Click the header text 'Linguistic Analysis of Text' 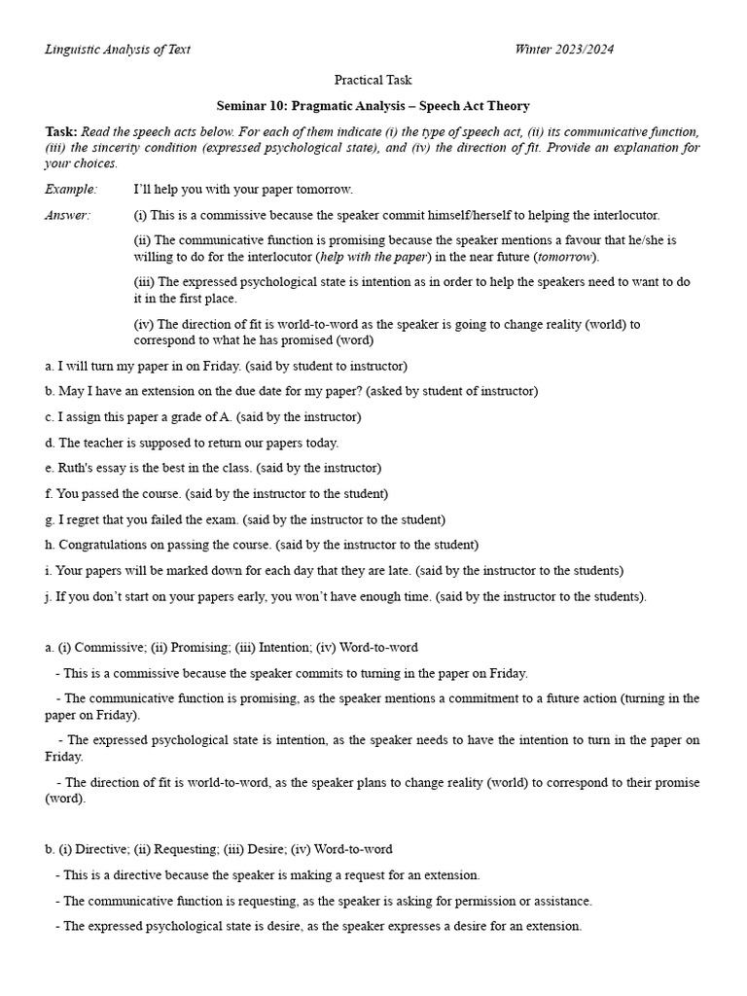(x=118, y=50)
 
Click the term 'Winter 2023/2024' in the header (x=564, y=50)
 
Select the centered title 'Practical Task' (x=373, y=80)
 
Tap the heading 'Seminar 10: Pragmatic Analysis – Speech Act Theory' (x=373, y=105)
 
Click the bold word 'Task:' (x=61, y=131)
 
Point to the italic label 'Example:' (x=71, y=189)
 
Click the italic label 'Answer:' (x=67, y=215)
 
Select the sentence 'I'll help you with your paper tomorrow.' (x=243, y=189)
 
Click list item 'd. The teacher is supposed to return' (x=192, y=443)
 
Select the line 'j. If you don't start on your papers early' (x=345, y=596)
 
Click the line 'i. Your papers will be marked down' (x=334, y=570)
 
